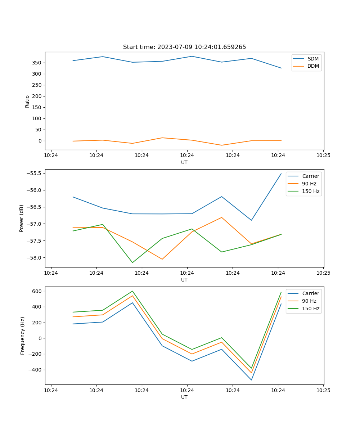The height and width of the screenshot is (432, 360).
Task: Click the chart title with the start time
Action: point(184,47)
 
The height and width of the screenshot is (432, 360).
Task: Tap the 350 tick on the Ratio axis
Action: point(37,63)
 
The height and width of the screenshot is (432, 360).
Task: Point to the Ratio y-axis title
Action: point(27,101)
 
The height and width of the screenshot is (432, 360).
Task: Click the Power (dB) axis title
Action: point(22,218)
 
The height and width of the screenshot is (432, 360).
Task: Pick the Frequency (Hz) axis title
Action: point(23,336)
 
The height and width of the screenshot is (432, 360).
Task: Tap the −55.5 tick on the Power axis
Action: point(35,173)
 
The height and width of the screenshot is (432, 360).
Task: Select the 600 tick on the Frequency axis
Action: point(38,291)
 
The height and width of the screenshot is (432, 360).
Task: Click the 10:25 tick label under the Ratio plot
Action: point(323,156)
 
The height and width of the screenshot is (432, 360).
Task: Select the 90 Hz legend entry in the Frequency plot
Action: point(309,301)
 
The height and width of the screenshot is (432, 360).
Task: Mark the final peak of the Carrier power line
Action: point(281,174)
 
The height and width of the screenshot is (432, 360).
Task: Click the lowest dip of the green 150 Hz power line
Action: point(132,262)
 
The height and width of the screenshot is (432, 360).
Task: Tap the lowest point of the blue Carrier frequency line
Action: point(251,380)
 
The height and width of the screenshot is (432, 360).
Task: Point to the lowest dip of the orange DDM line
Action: point(221,145)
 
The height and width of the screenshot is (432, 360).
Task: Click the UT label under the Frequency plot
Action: point(184,397)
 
